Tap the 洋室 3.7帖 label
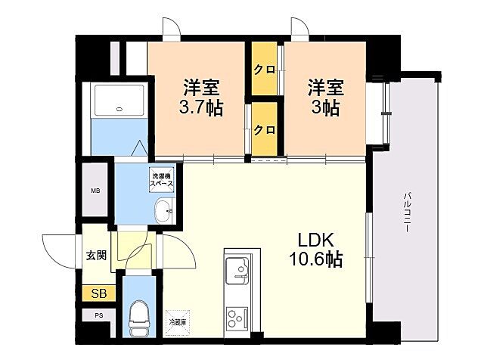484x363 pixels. (x=200, y=96)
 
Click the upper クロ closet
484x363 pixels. (x=264, y=70)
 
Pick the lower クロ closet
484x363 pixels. (x=264, y=129)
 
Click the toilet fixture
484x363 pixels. (x=138, y=317)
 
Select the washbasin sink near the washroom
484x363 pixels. (x=161, y=209)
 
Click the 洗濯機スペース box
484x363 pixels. (x=161, y=180)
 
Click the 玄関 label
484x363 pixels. (x=95, y=256)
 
